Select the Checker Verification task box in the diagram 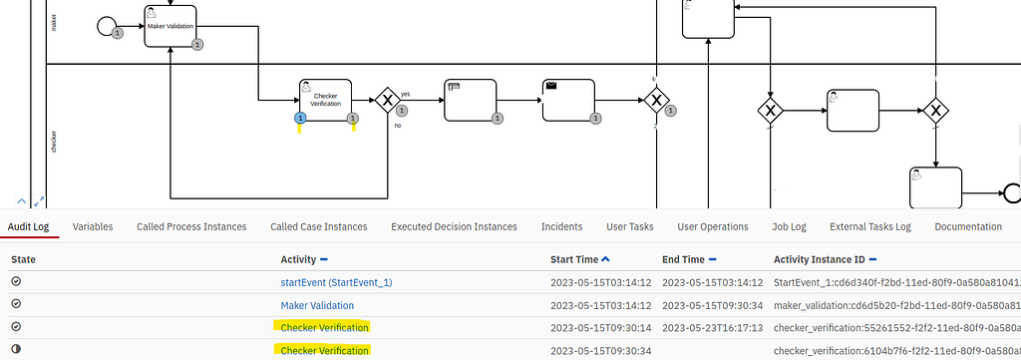coord(326,103)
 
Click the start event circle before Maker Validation coord(107,25)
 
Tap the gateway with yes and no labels coord(387,101)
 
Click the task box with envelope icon coord(571,101)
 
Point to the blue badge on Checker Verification coord(300,120)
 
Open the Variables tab coord(93,226)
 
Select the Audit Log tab coord(31,226)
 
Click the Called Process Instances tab coord(191,226)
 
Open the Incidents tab coord(561,226)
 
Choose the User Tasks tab coord(629,226)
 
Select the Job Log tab coord(789,226)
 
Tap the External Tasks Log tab coord(870,226)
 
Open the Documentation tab coord(967,226)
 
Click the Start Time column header coord(575,259)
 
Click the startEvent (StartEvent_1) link coord(336,282)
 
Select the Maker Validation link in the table coord(317,305)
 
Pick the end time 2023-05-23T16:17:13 coord(709,327)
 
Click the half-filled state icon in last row coord(16,350)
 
